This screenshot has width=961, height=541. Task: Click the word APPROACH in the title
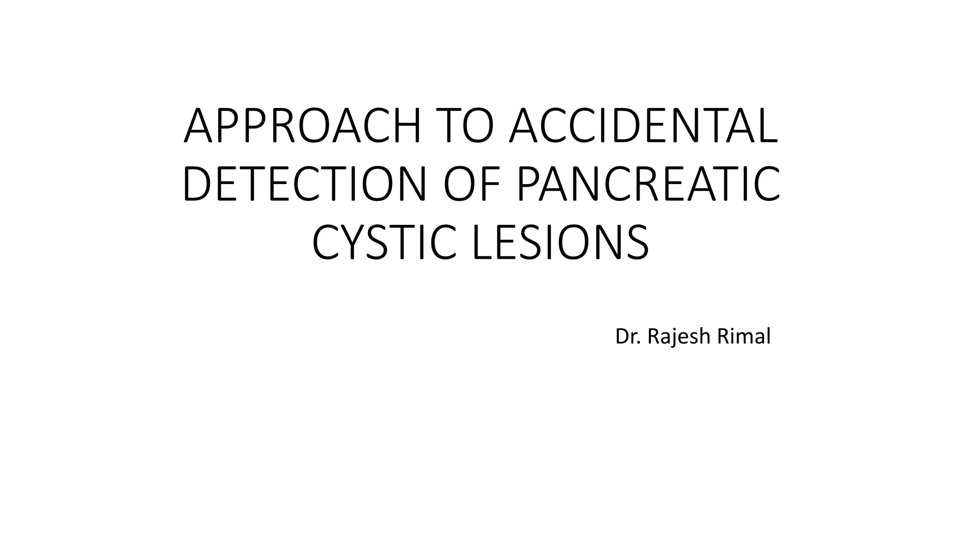303,126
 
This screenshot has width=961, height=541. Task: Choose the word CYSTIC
384,243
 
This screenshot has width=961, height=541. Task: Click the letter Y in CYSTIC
355,243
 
